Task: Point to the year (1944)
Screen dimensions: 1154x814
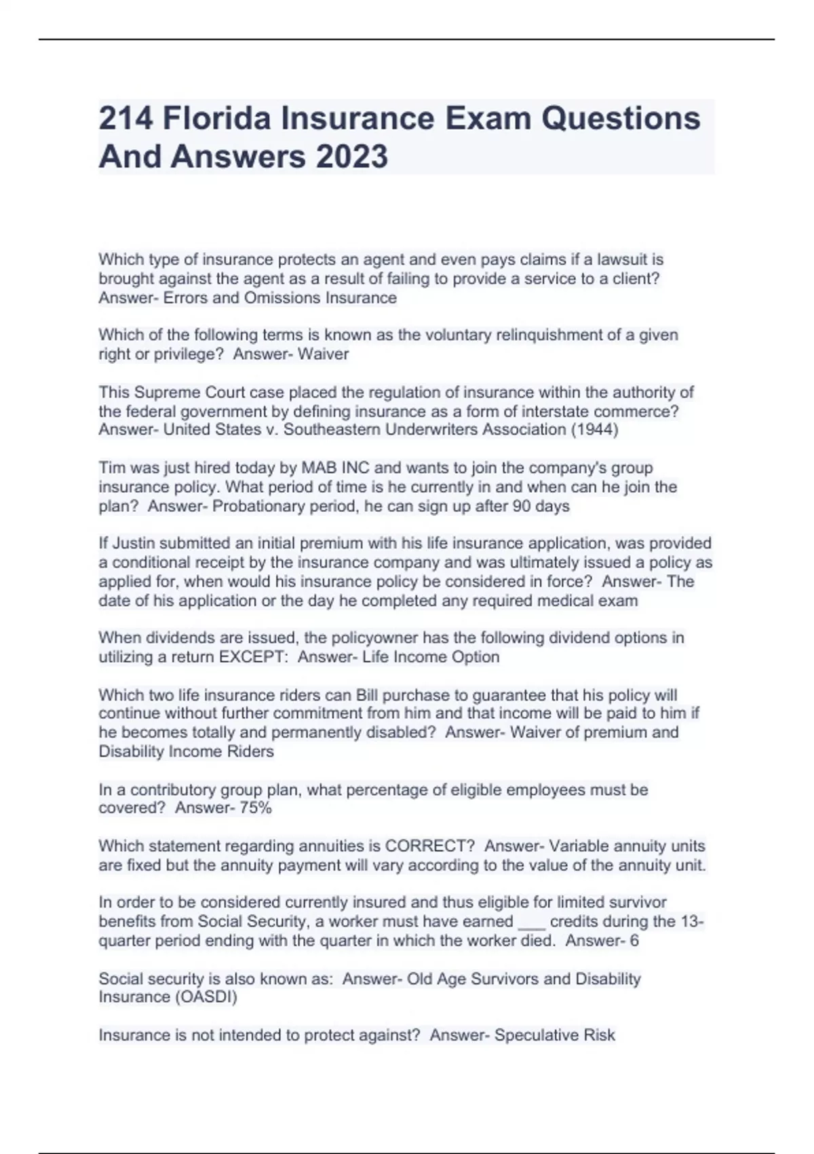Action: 594,430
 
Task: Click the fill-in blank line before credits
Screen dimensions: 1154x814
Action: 531,923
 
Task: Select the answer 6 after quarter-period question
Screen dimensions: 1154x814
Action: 634,941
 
